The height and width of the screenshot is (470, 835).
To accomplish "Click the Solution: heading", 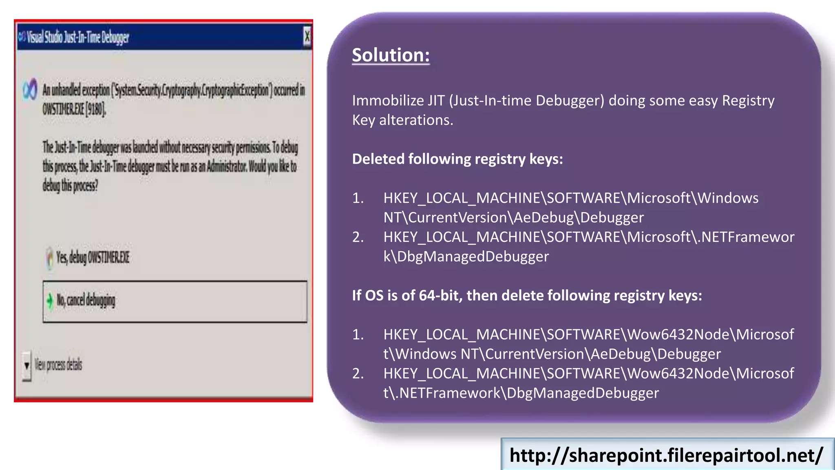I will pyautogui.click(x=391, y=55).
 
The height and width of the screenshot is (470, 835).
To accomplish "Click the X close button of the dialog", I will pyautogui.click(x=307, y=37).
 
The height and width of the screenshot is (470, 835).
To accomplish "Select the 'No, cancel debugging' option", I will pyautogui.click(x=86, y=301).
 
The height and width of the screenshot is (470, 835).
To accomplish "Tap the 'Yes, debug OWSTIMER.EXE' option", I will pyautogui.click(x=93, y=257).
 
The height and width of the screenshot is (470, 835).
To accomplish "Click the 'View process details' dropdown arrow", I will pyautogui.click(x=27, y=365).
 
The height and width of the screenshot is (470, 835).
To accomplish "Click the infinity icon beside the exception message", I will pyautogui.click(x=30, y=89).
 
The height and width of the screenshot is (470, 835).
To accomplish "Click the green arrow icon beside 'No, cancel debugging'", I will pyautogui.click(x=50, y=301).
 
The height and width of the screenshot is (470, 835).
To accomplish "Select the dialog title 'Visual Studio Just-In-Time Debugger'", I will pyautogui.click(x=77, y=38).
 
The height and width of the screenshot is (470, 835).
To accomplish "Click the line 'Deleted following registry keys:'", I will pyautogui.click(x=457, y=159).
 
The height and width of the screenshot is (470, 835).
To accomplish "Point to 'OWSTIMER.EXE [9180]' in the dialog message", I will pyautogui.click(x=74, y=109).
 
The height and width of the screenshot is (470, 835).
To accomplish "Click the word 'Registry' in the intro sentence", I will pyautogui.click(x=748, y=101).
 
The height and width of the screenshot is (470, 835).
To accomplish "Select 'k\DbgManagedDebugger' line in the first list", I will pyautogui.click(x=466, y=257).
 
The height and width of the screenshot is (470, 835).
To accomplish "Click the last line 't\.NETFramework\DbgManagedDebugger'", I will pyautogui.click(x=521, y=393).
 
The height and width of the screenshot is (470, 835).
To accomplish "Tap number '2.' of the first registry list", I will pyautogui.click(x=358, y=237).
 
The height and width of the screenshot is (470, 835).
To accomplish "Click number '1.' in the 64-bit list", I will pyautogui.click(x=358, y=335).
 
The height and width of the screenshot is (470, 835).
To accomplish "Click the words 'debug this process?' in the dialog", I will pyautogui.click(x=70, y=186).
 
